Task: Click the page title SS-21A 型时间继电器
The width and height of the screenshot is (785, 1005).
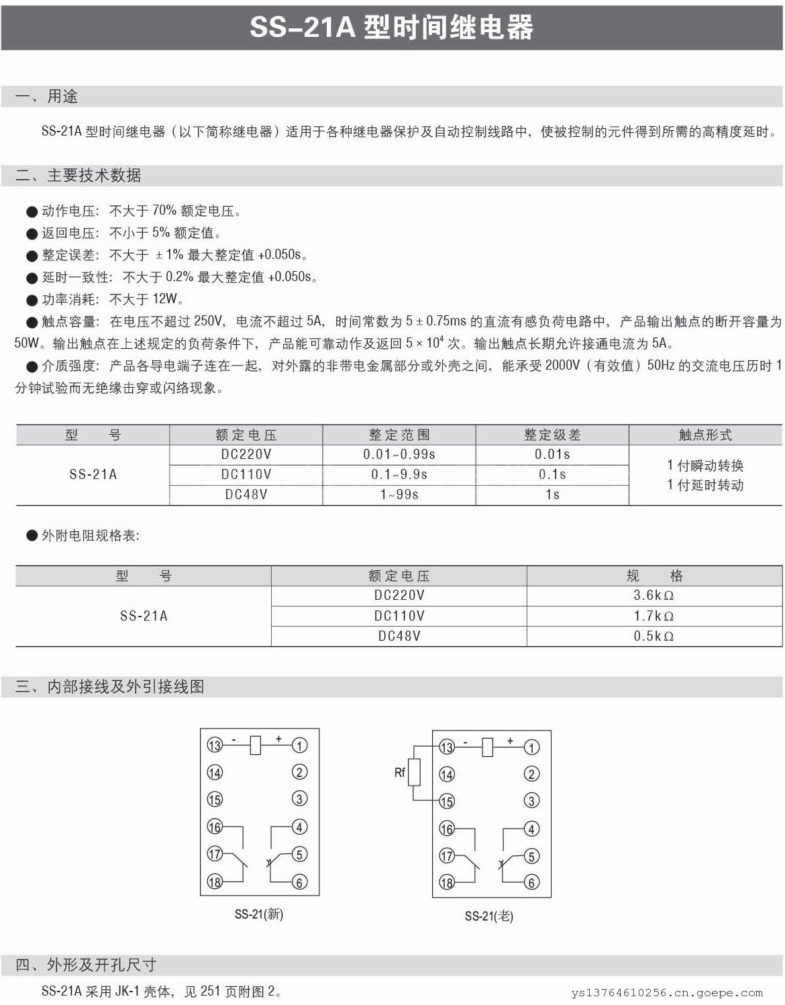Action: (392, 28)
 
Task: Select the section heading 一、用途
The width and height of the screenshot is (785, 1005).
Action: (46, 97)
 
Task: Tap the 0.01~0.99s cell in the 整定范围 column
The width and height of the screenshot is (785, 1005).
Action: (399, 454)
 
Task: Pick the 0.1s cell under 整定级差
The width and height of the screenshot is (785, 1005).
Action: (552, 474)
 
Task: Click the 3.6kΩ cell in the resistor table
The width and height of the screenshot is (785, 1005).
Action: (653, 595)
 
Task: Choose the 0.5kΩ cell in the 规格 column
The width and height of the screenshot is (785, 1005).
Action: (653, 636)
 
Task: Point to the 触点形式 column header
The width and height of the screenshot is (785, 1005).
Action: (705, 435)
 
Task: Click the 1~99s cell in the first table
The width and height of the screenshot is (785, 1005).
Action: (399, 494)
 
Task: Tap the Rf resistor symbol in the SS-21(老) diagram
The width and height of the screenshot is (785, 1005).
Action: (415, 772)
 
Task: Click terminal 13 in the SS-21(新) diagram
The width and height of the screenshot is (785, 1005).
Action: (214, 745)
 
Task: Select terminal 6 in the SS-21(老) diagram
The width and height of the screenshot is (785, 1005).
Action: (531, 882)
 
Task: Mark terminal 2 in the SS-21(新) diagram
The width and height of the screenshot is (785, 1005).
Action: (299, 772)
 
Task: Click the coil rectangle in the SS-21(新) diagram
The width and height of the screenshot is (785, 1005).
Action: (255, 745)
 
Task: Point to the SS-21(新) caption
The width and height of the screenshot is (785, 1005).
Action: (259, 914)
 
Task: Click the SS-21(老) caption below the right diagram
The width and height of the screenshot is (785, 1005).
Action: (489, 916)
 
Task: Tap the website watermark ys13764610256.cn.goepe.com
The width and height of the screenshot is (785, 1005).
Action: (667, 993)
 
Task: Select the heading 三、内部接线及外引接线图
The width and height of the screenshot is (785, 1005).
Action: (110, 686)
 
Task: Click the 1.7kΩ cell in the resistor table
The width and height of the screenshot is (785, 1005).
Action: (653, 616)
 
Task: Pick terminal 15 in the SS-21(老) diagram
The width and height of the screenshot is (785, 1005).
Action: (447, 801)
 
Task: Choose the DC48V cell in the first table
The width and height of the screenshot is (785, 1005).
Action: (246, 494)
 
